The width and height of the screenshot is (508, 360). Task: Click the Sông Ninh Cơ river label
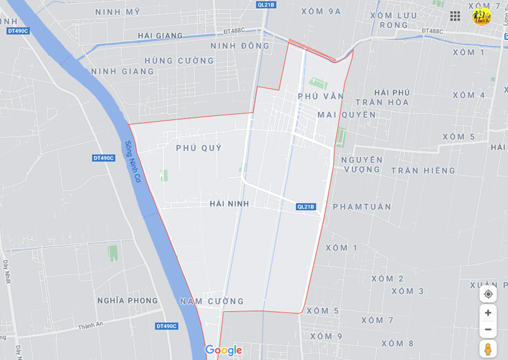click(x=132, y=162)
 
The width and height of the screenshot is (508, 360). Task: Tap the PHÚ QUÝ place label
click(x=199, y=147)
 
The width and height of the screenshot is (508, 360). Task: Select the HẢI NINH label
click(x=229, y=204)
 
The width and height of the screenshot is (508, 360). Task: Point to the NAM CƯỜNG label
click(x=211, y=302)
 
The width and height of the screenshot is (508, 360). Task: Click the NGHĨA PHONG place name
click(x=127, y=300)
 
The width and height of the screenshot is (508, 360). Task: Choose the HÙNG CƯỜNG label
click(x=179, y=61)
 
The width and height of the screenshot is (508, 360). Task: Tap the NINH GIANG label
click(x=122, y=71)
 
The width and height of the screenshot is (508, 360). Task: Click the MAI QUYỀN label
click(x=346, y=115)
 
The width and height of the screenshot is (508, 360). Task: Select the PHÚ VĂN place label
click(x=320, y=97)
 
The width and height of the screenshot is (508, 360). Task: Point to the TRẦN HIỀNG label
click(x=423, y=171)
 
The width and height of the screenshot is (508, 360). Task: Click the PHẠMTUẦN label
click(x=362, y=207)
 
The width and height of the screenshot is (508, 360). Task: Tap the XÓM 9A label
click(x=320, y=11)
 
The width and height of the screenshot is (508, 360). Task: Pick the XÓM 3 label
click(x=408, y=291)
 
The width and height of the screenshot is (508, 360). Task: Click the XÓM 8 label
click(x=397, y=344)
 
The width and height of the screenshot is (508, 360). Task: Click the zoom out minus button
click(x=488, y=329)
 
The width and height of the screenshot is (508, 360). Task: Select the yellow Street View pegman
click(x=488, y=349)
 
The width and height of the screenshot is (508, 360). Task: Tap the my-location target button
click(x=488, y=294)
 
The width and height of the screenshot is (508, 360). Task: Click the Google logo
click(x=223, y=350)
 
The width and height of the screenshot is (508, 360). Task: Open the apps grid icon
click(x=455, y=16)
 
